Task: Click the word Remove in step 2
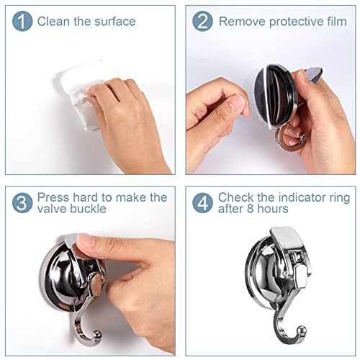(x=242, y=22)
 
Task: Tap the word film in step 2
(x=336, y=22)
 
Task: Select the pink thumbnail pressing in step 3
(x=85, y=242)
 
